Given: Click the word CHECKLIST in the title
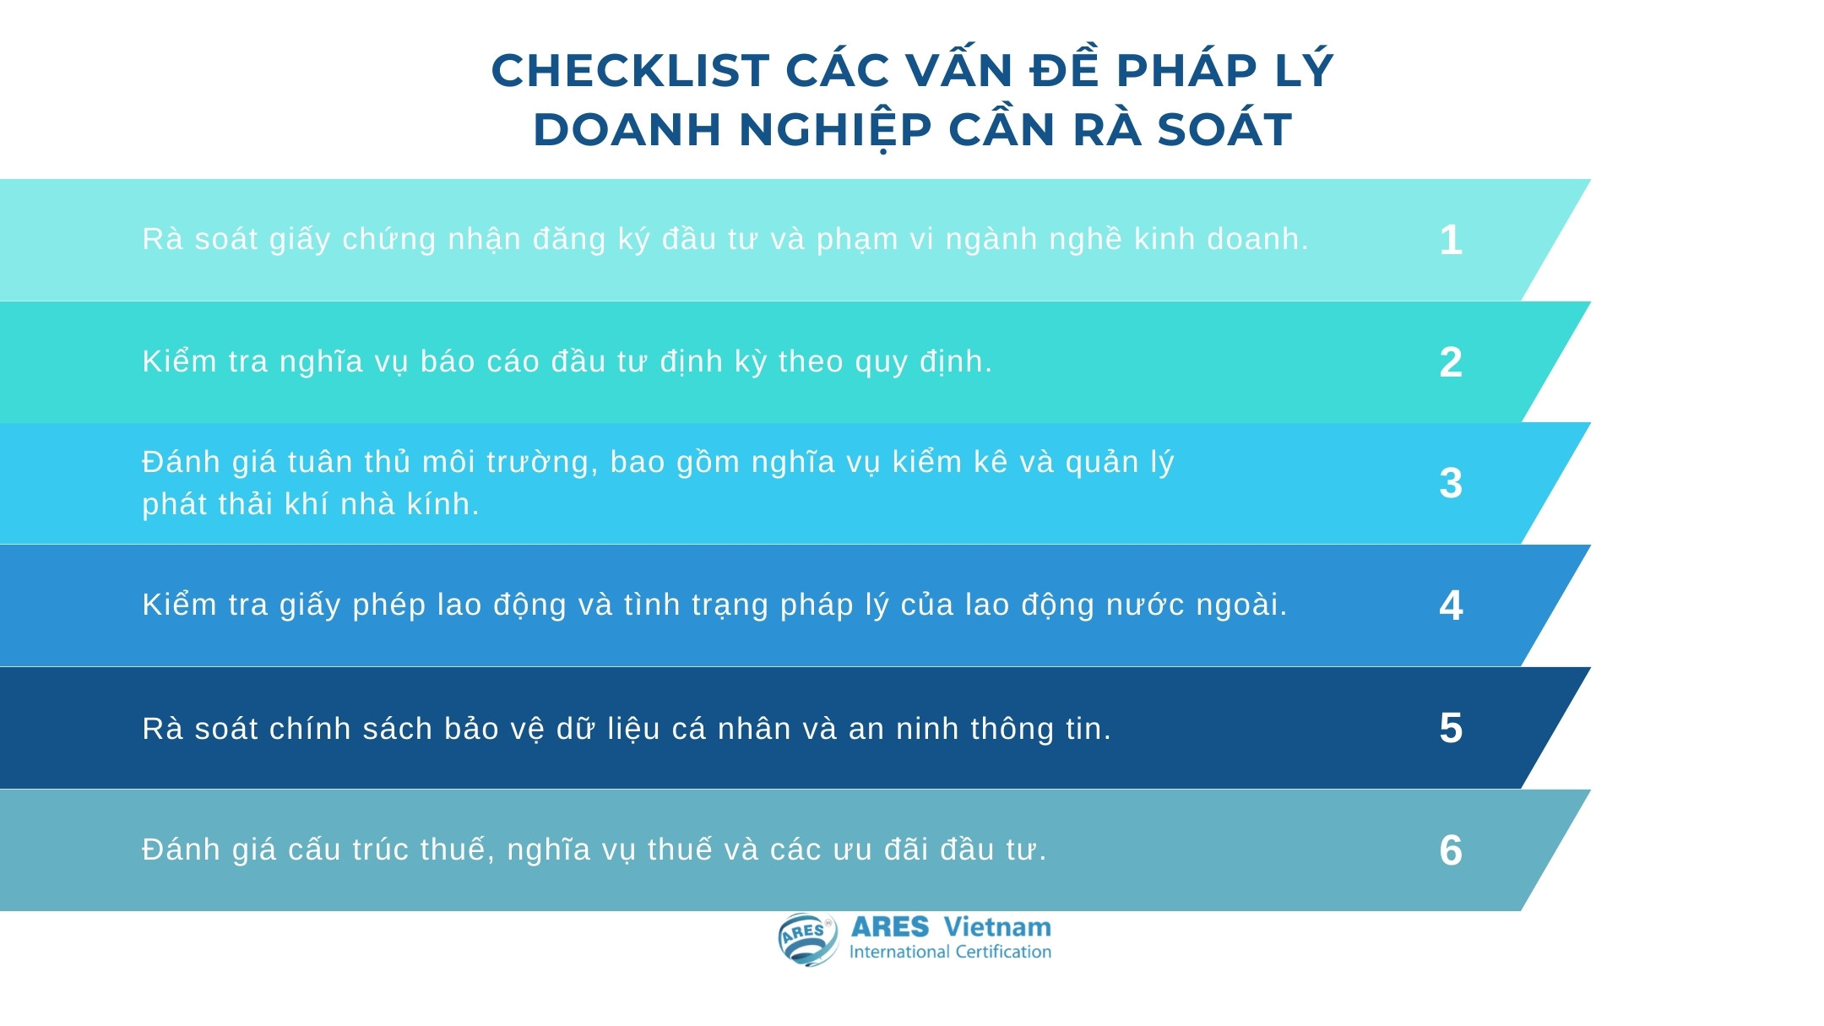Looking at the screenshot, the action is point(631,70).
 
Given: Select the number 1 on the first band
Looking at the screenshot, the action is point(1451,240).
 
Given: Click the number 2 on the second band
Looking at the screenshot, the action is point(1451,362).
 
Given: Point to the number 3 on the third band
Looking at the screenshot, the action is point(1451,484).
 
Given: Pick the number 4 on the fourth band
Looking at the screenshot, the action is point(1451,605).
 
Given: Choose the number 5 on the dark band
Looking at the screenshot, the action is point(1451,728).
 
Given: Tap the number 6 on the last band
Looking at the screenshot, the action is point(1451,850).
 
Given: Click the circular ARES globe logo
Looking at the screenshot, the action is point(807,939).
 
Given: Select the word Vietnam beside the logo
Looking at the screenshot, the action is point(997,927).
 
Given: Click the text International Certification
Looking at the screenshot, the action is point(950,952).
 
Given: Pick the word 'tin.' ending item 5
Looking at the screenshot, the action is point(1088,729).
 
